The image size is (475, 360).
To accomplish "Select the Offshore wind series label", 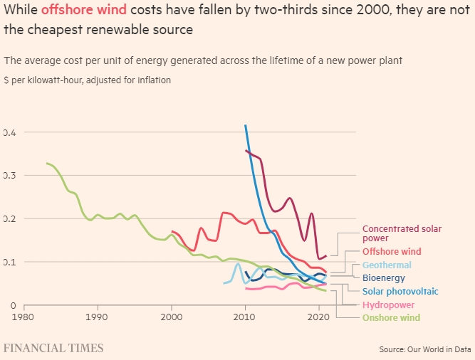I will click(392, 251).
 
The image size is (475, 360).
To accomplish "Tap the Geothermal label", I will click(387, 265).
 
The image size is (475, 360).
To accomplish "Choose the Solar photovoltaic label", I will click(400, 292).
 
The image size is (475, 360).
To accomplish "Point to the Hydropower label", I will click(388, 305).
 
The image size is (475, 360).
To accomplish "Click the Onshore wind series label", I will click(391, 317).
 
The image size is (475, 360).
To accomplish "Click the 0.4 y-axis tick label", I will click(9, 132).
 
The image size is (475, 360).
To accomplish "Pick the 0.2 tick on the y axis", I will click(9, 218).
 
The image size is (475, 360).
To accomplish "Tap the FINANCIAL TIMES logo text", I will click(54, 349).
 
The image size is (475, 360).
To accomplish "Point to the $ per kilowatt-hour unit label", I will click(88, 80).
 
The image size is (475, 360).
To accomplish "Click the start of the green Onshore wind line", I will click(47, 163).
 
